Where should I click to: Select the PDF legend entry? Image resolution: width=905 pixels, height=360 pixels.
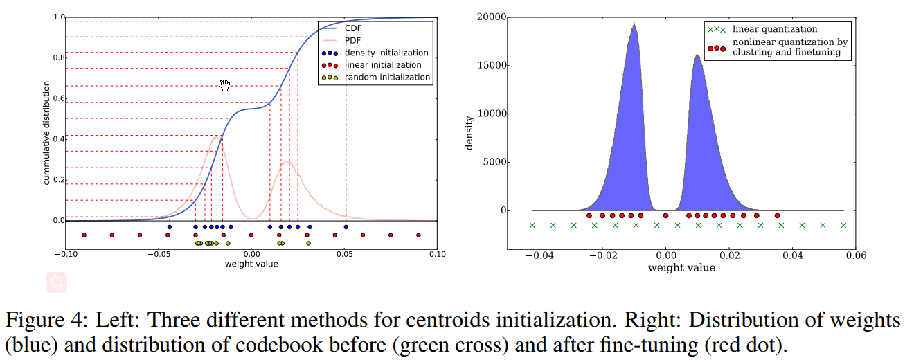pyautogui.click(x=352, y=40)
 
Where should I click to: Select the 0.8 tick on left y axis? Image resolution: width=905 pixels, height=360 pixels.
pyautogui.click(x=60, y=58)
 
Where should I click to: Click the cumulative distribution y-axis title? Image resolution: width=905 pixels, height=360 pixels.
pyautogui.click(x=47, y=132)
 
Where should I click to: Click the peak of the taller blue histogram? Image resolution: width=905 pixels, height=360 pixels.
pyautogui.click(x=634, y=23)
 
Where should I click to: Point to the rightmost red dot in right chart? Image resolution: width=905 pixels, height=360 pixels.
pyautogui.click(x=777, y=215)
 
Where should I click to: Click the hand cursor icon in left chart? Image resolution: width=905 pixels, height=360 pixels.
pyautogui.click(x=224, y=85)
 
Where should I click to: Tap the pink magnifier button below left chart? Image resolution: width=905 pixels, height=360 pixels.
pyautogui.click(x=57, y=282)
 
